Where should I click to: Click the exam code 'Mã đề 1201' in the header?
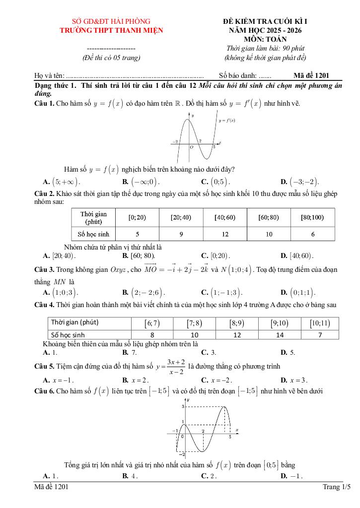[311, 75]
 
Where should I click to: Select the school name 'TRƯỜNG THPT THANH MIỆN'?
[111, 30]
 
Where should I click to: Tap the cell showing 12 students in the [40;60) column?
[224, 234]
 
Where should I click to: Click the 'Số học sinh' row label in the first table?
[94, 234]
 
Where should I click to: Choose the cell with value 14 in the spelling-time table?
[280, 335]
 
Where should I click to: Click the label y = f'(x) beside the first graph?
[227, 121]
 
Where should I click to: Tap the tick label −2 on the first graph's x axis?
[175, 142]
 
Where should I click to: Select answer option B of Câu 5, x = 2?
[138, 380]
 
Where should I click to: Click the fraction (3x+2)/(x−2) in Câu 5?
[176, 367]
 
